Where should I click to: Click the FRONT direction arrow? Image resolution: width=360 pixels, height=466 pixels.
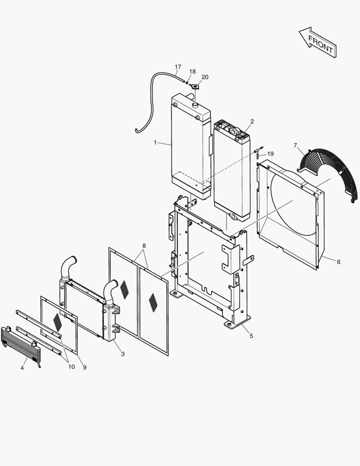318,42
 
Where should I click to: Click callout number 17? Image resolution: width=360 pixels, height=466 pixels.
178,67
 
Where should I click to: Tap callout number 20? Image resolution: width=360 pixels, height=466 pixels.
205,77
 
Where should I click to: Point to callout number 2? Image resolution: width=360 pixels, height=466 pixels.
252,121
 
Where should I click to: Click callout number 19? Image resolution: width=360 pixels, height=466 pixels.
270,154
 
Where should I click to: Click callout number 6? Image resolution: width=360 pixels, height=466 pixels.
338,261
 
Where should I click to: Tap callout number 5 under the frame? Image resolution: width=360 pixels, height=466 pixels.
251,335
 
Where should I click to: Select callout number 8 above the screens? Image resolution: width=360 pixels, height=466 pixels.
144,246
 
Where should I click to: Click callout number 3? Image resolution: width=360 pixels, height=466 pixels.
123,354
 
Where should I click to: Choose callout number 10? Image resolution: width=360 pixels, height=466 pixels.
71,367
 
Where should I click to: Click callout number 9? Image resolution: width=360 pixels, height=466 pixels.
85,367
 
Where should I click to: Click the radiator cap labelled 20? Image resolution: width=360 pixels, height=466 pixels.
194,86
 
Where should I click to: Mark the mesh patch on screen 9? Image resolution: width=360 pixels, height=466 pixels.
58,320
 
